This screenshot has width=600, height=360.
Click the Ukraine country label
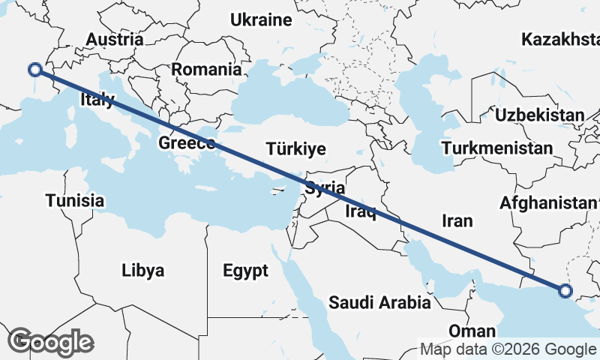pos(261,20)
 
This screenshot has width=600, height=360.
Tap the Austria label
pos(115,40)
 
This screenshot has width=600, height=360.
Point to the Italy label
pos(97,100)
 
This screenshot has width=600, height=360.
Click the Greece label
pos(187,143)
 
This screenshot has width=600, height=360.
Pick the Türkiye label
pos(295,149)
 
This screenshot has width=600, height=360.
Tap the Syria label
pos(325,188)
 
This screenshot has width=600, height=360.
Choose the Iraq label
pos(360,212)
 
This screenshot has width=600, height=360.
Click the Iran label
pos(457,220)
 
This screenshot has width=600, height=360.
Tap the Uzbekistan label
pos(539,115)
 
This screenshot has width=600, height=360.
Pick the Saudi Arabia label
pos(379,303)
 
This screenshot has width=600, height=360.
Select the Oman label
pos(472,331)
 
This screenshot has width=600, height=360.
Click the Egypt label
pos(245,271)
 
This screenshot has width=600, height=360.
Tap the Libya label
pos(142,271)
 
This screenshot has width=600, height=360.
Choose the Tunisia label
pos(74,201)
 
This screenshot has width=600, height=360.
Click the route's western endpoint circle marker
pos(34,70)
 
